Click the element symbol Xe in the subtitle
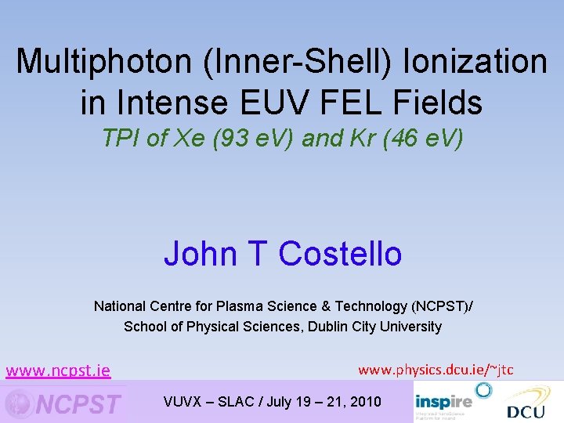pyautogui.click(x=188, y=139)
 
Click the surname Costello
pyautogui.click(x=340, y=254)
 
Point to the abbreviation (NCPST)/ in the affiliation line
pyautogui.click(x=436, y=306)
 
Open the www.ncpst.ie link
pyautogui.click(x=58, y=371)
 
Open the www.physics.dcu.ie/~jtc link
pyautogui.click(x=436, y=370)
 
